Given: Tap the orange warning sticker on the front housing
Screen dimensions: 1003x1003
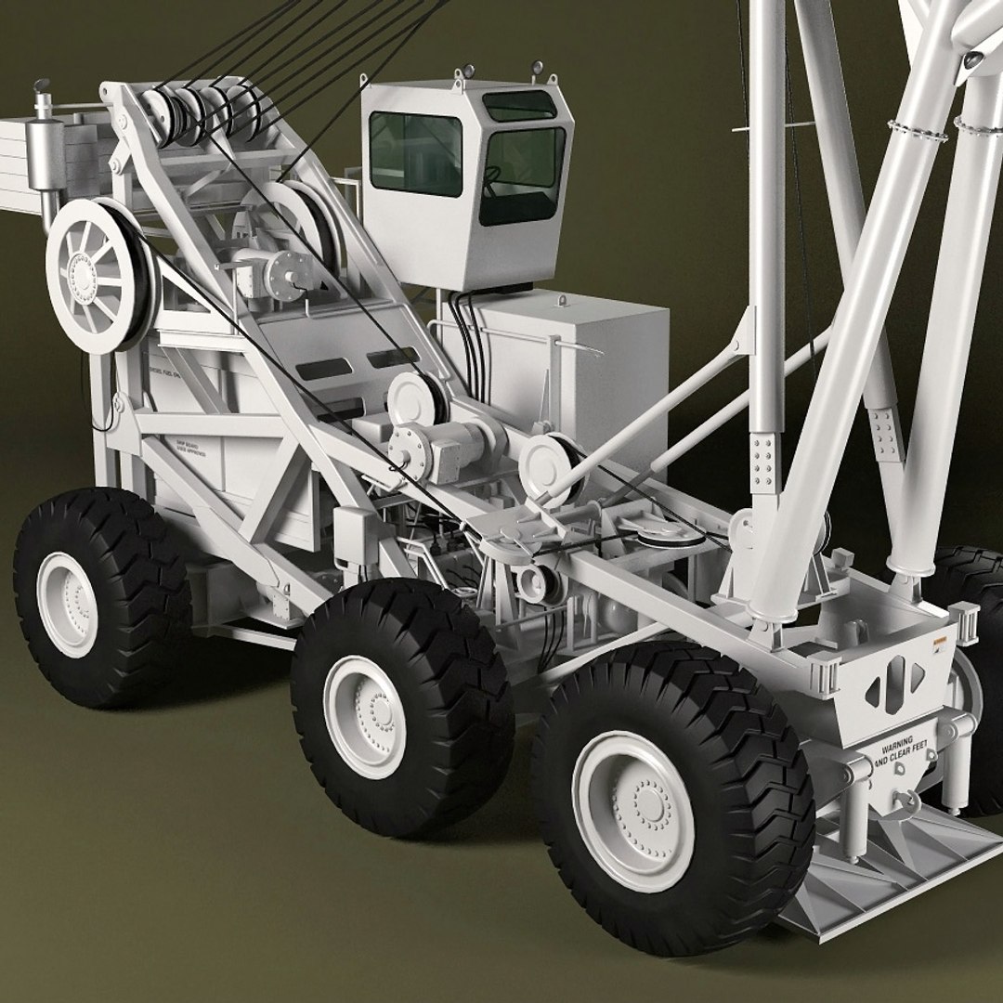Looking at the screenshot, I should tap(937, 641).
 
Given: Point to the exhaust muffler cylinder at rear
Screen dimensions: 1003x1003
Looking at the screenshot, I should tap(41, 149).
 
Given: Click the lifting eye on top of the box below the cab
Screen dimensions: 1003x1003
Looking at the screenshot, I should tap(561, 301).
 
